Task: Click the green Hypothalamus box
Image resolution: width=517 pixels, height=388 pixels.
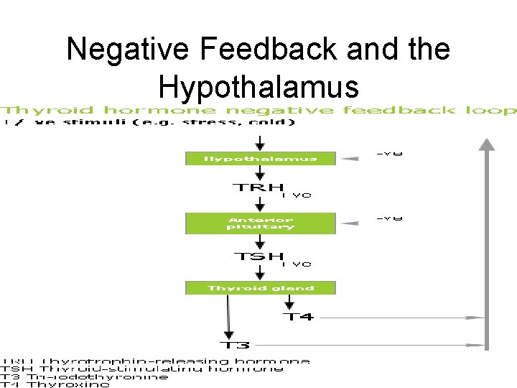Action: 261,158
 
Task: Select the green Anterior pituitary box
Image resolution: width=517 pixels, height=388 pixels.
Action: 261,223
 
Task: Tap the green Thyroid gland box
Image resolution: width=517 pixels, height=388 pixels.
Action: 261,288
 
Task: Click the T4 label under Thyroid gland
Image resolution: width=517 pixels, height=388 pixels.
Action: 297,316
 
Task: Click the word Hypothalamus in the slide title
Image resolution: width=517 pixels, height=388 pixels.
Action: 258,86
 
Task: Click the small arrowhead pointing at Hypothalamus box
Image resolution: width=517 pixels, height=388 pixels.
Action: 350,159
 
